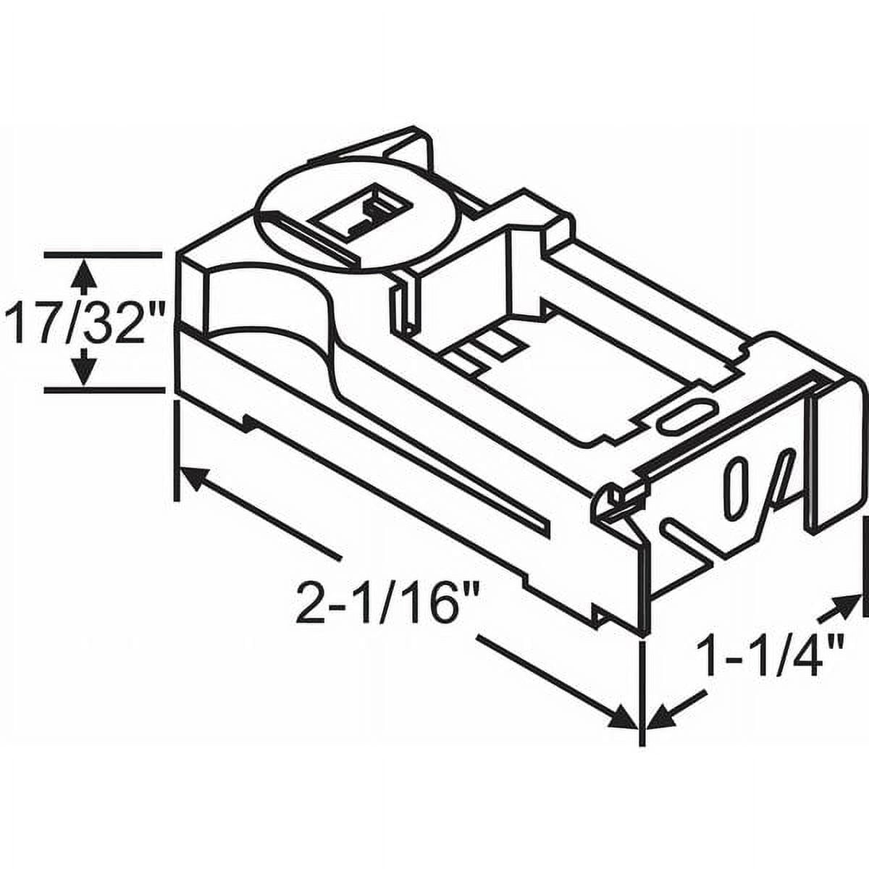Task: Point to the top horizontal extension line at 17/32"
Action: pos(102,254)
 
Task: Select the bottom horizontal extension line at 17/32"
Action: pos(102,390)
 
